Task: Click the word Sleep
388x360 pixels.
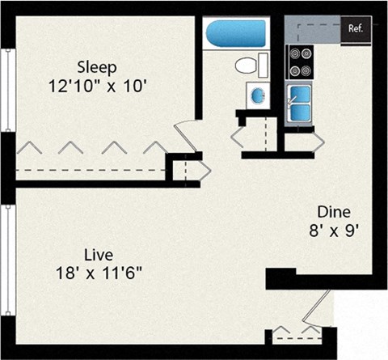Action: [97, 66]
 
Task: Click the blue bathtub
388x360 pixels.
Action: [235, 34]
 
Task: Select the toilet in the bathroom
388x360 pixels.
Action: [248, 65]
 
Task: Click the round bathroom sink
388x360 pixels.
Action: [257, 95]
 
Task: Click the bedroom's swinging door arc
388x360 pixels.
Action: [184, 133]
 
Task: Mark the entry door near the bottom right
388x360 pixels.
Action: [320, 308]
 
